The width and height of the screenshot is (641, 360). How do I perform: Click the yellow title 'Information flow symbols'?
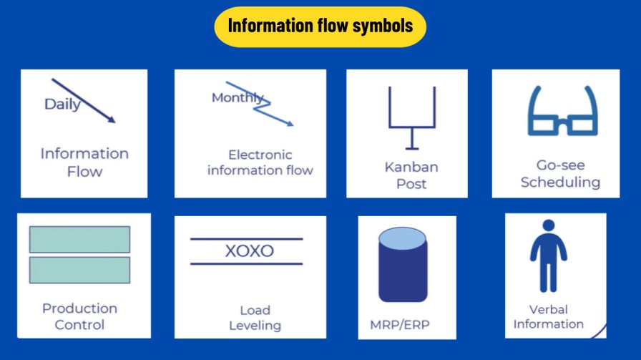tap(320, 26)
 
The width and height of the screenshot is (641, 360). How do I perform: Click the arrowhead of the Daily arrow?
tap(111, 120)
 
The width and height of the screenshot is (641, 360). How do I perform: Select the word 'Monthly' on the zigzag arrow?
tap(237, 98)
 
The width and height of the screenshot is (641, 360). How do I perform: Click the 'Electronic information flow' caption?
tap(260, 162)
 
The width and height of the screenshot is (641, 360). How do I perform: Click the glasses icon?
tap(562, 112)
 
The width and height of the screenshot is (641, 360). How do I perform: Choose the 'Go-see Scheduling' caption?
tap(560, 174)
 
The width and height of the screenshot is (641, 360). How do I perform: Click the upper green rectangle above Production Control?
tap(79, 239)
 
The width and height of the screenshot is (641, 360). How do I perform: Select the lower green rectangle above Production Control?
tap(79, 270)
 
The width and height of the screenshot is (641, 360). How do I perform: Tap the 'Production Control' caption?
tap(79, 316)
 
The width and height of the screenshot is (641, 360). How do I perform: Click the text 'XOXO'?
tap(249, 251)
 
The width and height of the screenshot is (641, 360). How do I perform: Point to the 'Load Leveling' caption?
tap(255, 318)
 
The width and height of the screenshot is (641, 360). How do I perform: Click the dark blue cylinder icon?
tap(403, 265)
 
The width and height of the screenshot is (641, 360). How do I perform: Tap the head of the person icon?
tap(549, 225)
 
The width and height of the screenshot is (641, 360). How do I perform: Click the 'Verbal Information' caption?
tap(549, 316)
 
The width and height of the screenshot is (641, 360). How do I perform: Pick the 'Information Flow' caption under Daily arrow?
tap(84, 162)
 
